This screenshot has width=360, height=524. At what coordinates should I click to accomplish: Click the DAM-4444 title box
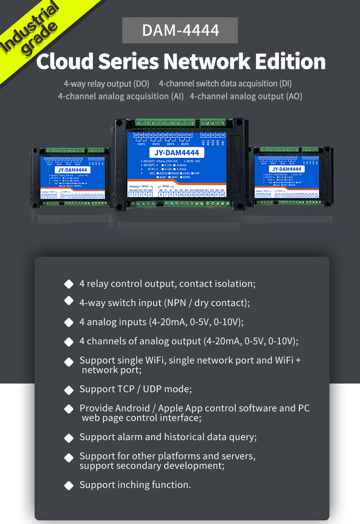point(180,30)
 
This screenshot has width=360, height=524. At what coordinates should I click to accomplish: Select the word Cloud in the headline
point(65,62)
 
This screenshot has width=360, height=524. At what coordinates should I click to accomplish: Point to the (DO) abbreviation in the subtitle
point(141,84)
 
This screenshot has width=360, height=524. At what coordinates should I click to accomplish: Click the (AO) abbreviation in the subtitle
point(294,96)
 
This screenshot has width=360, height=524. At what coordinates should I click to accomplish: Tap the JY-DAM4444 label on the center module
point(177,153)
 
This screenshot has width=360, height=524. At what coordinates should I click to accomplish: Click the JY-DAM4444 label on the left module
point(69,170)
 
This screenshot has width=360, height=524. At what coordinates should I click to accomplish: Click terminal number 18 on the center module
point(222,194)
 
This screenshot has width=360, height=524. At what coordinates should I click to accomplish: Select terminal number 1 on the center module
point(130,194)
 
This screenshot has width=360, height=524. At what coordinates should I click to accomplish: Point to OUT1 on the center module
point(141,144)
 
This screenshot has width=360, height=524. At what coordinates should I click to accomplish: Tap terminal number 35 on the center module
point(136,135)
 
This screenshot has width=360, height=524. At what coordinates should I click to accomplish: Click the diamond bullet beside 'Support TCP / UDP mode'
point(69,390)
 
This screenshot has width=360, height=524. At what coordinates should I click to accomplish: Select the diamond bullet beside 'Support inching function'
point(69,486)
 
